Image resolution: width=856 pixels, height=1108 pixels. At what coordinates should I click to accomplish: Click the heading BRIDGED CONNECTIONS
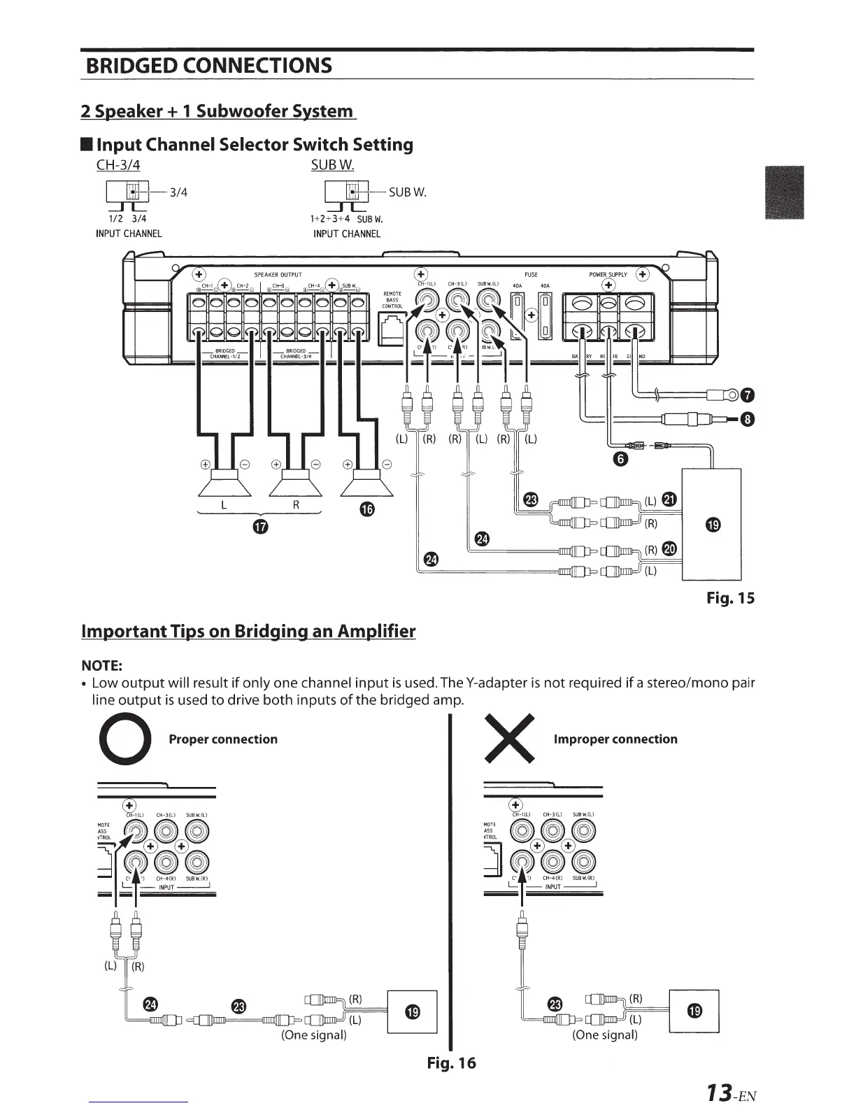[208, 66]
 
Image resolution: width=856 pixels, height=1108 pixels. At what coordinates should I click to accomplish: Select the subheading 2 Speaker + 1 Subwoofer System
[217, 111]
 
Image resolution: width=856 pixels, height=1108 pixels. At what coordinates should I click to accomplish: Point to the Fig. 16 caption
[451, 1063]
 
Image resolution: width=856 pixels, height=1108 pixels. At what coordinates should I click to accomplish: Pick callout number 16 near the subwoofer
[368, 511]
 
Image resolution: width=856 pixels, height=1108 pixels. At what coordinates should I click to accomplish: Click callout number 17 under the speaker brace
[260, 527]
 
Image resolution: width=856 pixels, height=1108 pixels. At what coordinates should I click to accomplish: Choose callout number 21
[670, 499]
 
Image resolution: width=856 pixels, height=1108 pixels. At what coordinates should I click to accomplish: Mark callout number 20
[670, 548]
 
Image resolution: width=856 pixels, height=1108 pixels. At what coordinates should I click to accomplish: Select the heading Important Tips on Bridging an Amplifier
[248, 632]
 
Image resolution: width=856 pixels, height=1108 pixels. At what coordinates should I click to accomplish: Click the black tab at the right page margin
[785, 193]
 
